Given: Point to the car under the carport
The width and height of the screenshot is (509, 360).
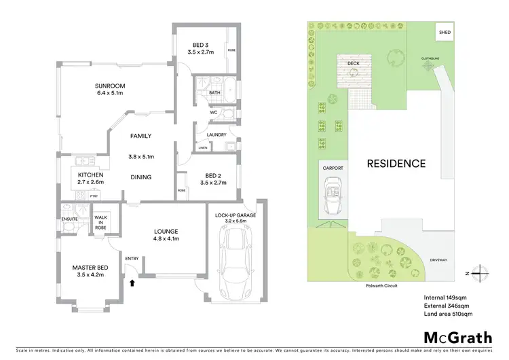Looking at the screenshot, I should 333,198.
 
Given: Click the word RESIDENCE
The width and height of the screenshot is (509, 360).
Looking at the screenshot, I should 396,163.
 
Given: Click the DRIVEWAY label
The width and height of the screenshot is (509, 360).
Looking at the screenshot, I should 438,259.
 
